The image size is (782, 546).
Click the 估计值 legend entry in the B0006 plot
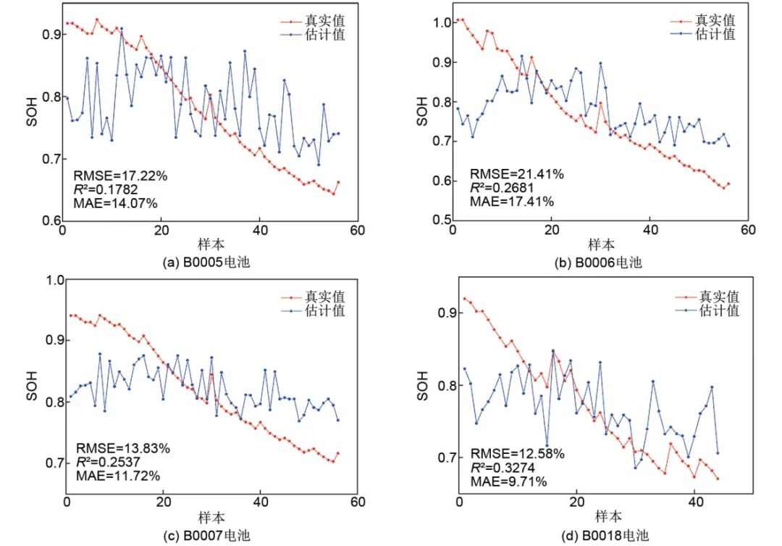[x=715, y=34]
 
